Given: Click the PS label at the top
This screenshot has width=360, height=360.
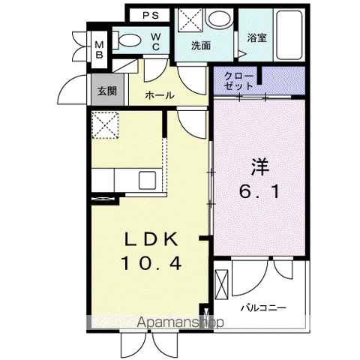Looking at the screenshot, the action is coord(151,16).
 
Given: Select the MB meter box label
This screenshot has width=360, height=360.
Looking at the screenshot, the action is coord(100,49).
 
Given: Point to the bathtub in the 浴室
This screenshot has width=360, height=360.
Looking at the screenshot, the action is coord(289,34).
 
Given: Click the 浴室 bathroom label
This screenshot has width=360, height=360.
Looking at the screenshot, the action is coord(257,37).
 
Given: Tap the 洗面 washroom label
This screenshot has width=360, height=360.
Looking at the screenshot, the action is coord(201,46).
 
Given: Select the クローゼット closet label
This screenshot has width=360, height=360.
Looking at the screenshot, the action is coord(238,81).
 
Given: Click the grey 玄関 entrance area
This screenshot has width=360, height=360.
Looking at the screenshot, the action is coord(107,90).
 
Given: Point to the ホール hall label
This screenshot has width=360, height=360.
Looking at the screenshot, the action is coord(160,95).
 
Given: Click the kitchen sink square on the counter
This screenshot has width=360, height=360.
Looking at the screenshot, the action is coord(148,180).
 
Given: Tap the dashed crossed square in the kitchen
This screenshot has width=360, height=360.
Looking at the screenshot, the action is coord(105,125).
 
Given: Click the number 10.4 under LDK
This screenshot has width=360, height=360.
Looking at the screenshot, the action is coord(151,263).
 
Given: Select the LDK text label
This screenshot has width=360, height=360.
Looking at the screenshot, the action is coord(151,239).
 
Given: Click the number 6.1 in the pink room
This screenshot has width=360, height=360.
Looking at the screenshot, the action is coord(259,191).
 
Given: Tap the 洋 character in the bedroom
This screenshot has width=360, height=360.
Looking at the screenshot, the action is coord(260,167).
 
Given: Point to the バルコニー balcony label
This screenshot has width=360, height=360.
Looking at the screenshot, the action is coord(263,307).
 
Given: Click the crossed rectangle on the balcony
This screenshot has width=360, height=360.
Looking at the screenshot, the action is coord(221,284).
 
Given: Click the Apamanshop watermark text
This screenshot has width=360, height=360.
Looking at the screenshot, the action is coord(181,322).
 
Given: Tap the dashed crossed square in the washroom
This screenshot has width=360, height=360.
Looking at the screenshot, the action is coord(190,20).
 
